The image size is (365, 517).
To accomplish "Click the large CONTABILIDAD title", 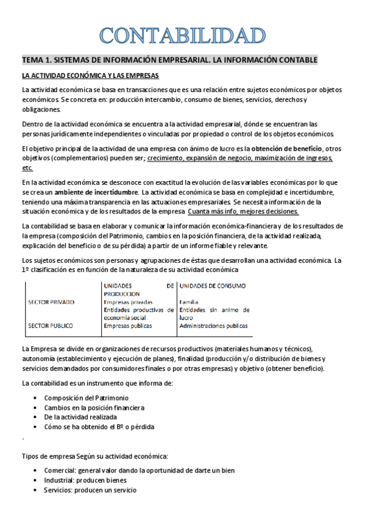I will coord(182,34).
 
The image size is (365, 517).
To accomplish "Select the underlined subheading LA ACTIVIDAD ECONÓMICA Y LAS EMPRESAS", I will coord(90,76).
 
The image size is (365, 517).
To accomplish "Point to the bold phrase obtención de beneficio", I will coord(286,149).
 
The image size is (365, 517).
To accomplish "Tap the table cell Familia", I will coord(190,302).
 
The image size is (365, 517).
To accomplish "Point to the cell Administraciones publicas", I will coord(213,326).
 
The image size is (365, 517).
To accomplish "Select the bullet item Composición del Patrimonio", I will coord(86,397).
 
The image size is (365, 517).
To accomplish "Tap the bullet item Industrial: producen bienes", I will coord(85,480).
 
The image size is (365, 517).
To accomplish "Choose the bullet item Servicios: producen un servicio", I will coord(90,490).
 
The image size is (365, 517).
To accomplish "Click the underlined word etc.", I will coord(27,168).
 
